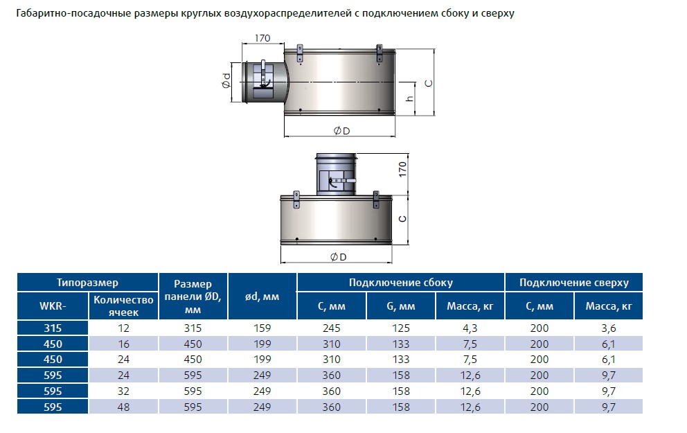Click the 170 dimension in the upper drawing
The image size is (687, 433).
262,38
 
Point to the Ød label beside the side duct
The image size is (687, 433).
226,80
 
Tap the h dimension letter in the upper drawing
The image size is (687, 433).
409,98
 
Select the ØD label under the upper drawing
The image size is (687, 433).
341,131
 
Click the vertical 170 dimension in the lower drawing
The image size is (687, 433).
402,170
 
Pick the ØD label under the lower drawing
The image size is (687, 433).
338,257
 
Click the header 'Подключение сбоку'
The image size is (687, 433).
401,283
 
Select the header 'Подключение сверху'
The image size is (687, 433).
574,283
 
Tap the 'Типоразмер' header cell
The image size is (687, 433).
88,283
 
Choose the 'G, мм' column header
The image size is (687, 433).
401,306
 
